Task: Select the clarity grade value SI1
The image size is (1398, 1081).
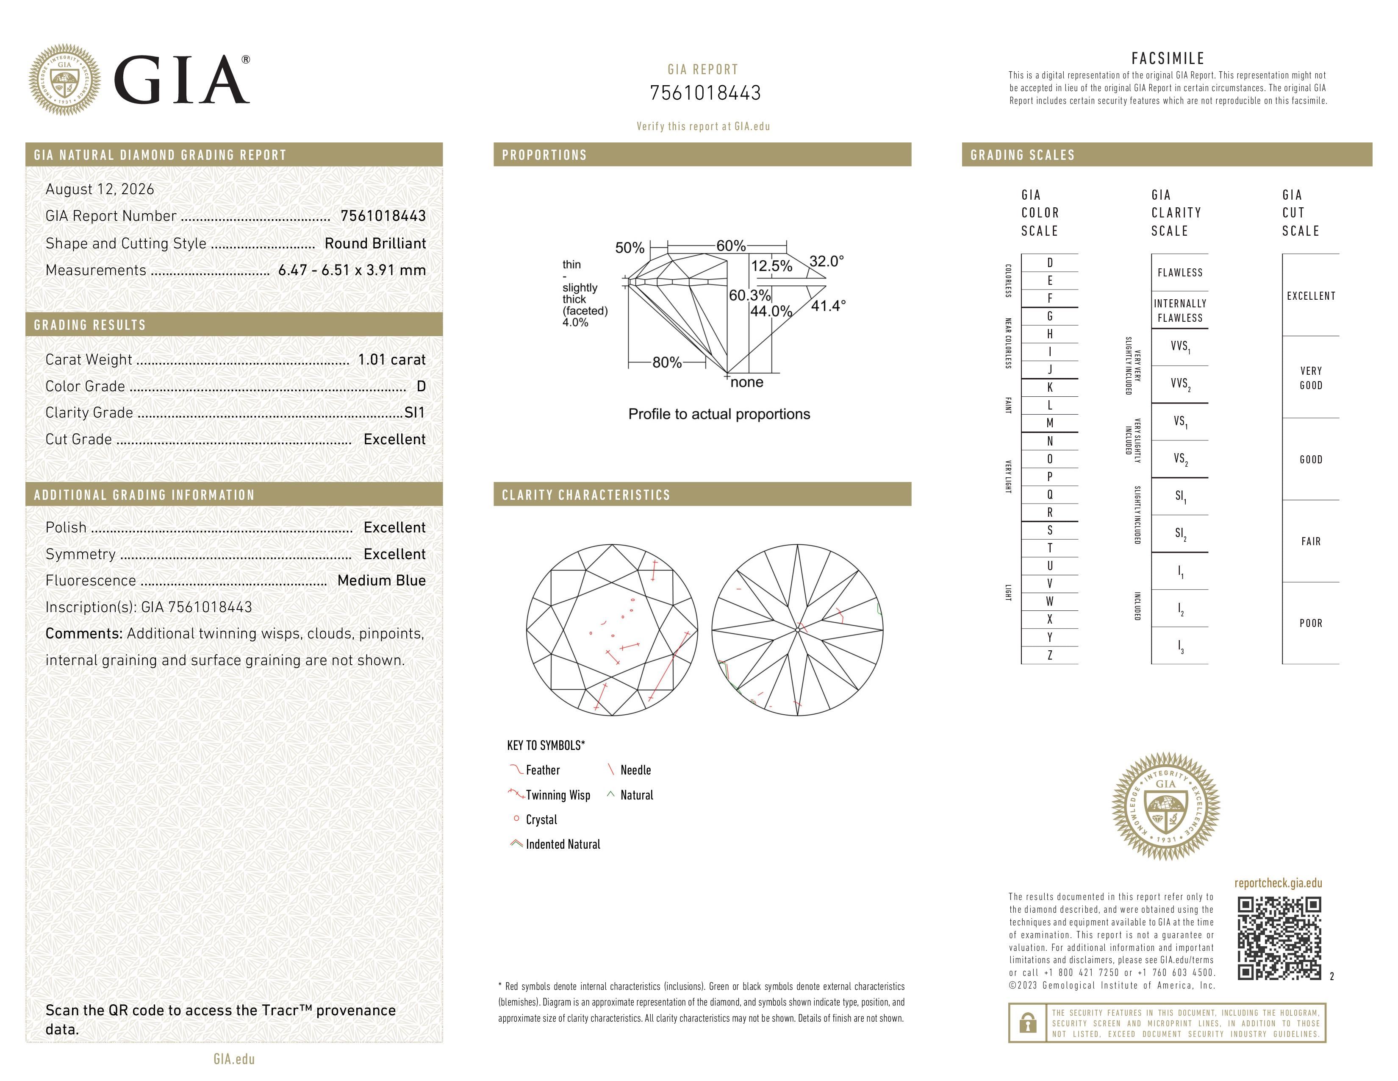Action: click(x=415, y=413)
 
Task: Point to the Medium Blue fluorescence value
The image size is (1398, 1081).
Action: click(x=382, y=581)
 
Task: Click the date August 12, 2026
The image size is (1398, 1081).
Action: click(x=100, y=189)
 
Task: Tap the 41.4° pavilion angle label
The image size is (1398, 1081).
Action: click(x=828, y=306)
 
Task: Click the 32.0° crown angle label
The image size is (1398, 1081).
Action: click(x=827, y=261)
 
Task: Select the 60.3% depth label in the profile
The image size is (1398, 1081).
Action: click(x=749, y=295)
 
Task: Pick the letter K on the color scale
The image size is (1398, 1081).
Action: click(x=1050, y=387)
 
